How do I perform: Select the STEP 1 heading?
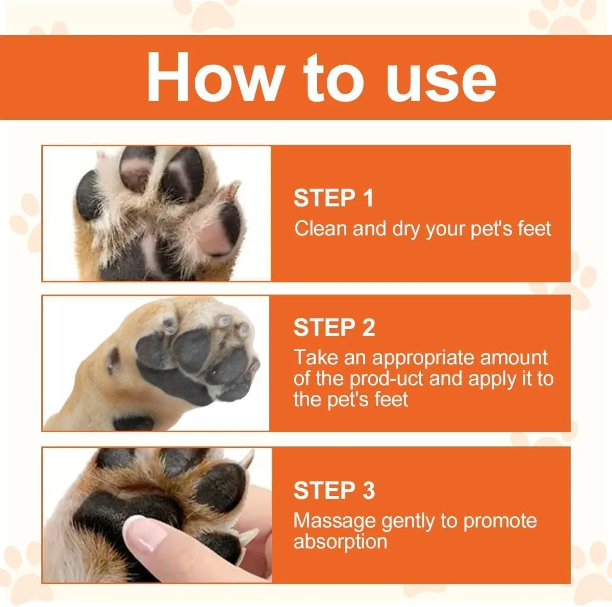333,198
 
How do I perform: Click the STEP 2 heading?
334,327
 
